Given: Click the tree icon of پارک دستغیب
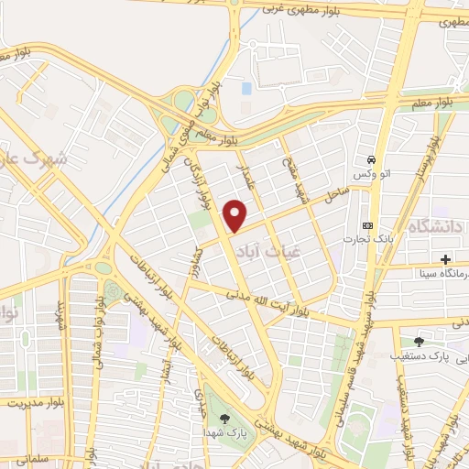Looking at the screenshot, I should pos(419,341).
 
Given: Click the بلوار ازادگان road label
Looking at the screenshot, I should pos(201,177).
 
